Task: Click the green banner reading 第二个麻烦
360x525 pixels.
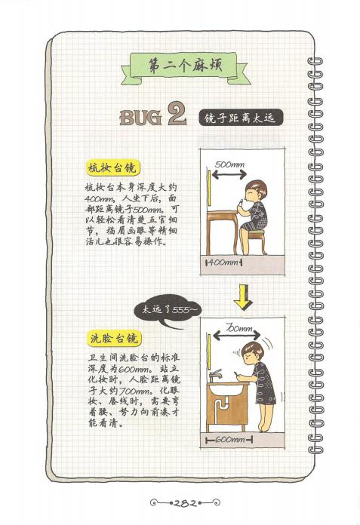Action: [x=186, y=67]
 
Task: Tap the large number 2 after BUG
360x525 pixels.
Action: [x=177, y=113]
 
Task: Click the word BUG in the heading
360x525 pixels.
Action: [x=140, y=118]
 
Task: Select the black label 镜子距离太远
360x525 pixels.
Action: [x=241, y=118]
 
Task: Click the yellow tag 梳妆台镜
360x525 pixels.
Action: [x=112, y=168]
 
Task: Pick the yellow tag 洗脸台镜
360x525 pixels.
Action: [x=114, y=339]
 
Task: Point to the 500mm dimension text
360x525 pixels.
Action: [x=229, y=164]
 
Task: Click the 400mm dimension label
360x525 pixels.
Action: [x=223, y=262]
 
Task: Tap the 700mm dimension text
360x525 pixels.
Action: [x=238, y=328]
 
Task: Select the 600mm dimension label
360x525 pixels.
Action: [x=229, y=439]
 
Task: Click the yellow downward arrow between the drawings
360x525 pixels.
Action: [x=244, y=297]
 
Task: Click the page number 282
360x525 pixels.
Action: [x=185, y=503]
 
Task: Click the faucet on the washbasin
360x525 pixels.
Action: [x=215, y=375]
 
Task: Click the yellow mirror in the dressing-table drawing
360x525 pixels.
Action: [x=209, y=188]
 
